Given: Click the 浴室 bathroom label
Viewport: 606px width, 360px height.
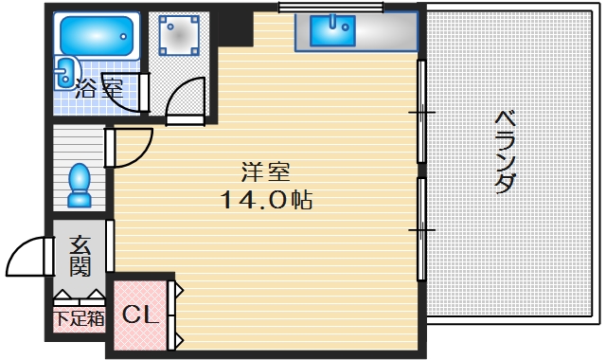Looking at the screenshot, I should pos(98,92).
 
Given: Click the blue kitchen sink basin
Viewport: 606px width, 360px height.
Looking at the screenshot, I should pos(330,32).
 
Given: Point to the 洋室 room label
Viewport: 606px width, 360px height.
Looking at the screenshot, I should pos(264,173).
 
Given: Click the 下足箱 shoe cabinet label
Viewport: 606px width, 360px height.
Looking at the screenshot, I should pos(79,318).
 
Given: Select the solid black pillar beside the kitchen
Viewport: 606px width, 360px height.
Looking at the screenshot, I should pos(238,29).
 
